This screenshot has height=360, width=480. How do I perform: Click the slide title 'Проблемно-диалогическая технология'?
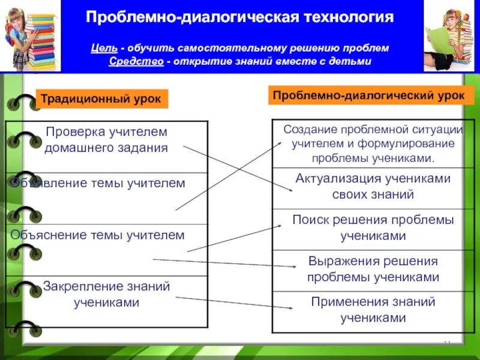(x=239, y=16)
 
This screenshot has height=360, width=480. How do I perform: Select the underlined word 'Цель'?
(x=103, y=48)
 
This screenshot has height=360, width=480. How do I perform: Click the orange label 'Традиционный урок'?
(x=101, y=98)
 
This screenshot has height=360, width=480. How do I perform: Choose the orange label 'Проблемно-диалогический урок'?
(x=368, y=95)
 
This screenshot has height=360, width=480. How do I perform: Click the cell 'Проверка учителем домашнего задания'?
(x=106, y=139)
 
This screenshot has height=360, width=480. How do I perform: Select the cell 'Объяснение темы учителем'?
(x=98, y=235)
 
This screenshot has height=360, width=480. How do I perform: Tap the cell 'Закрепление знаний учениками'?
(x=106, y=294)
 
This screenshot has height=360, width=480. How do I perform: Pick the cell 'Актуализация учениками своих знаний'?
(x=373, y=186)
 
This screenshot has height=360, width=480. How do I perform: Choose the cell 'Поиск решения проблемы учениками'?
(x=373, y=228)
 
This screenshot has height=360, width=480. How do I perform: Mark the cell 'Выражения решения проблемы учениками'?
(x=373, y=269)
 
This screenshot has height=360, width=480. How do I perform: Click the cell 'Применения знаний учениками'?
(x=373, y=310)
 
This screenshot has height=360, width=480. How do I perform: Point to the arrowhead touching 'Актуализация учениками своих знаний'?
(x=290, y=190)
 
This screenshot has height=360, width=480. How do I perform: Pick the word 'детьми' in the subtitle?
(x=353, y=62)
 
